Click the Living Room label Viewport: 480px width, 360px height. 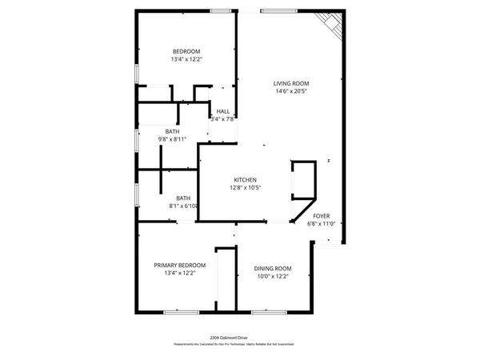tap(290, 83)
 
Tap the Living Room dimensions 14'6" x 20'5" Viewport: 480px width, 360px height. tap(290, 91)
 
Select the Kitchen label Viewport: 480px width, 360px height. tap(244, 179)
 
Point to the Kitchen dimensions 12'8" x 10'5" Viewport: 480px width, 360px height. tap(244, 188)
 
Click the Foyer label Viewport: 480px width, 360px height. tap(321, 216)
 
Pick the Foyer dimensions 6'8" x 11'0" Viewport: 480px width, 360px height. tap(321, 224)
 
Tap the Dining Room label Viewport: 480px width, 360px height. tap(272, 268)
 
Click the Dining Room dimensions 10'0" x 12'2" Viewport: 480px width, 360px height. tap(272, 276)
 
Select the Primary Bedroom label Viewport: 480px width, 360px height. tap(180, 265)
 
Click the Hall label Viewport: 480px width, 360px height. tap(222, 112)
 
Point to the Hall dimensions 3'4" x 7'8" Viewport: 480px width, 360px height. tap(221, 119)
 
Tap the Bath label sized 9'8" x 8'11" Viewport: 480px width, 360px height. tap(172, 131)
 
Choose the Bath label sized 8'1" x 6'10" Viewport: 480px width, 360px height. tap(183, 198)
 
